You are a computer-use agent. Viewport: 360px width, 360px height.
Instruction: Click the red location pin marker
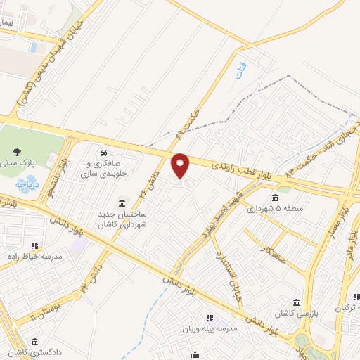tap(181, 165)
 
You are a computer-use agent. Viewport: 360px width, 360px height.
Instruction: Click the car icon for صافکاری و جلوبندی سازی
tap(103, 153)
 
